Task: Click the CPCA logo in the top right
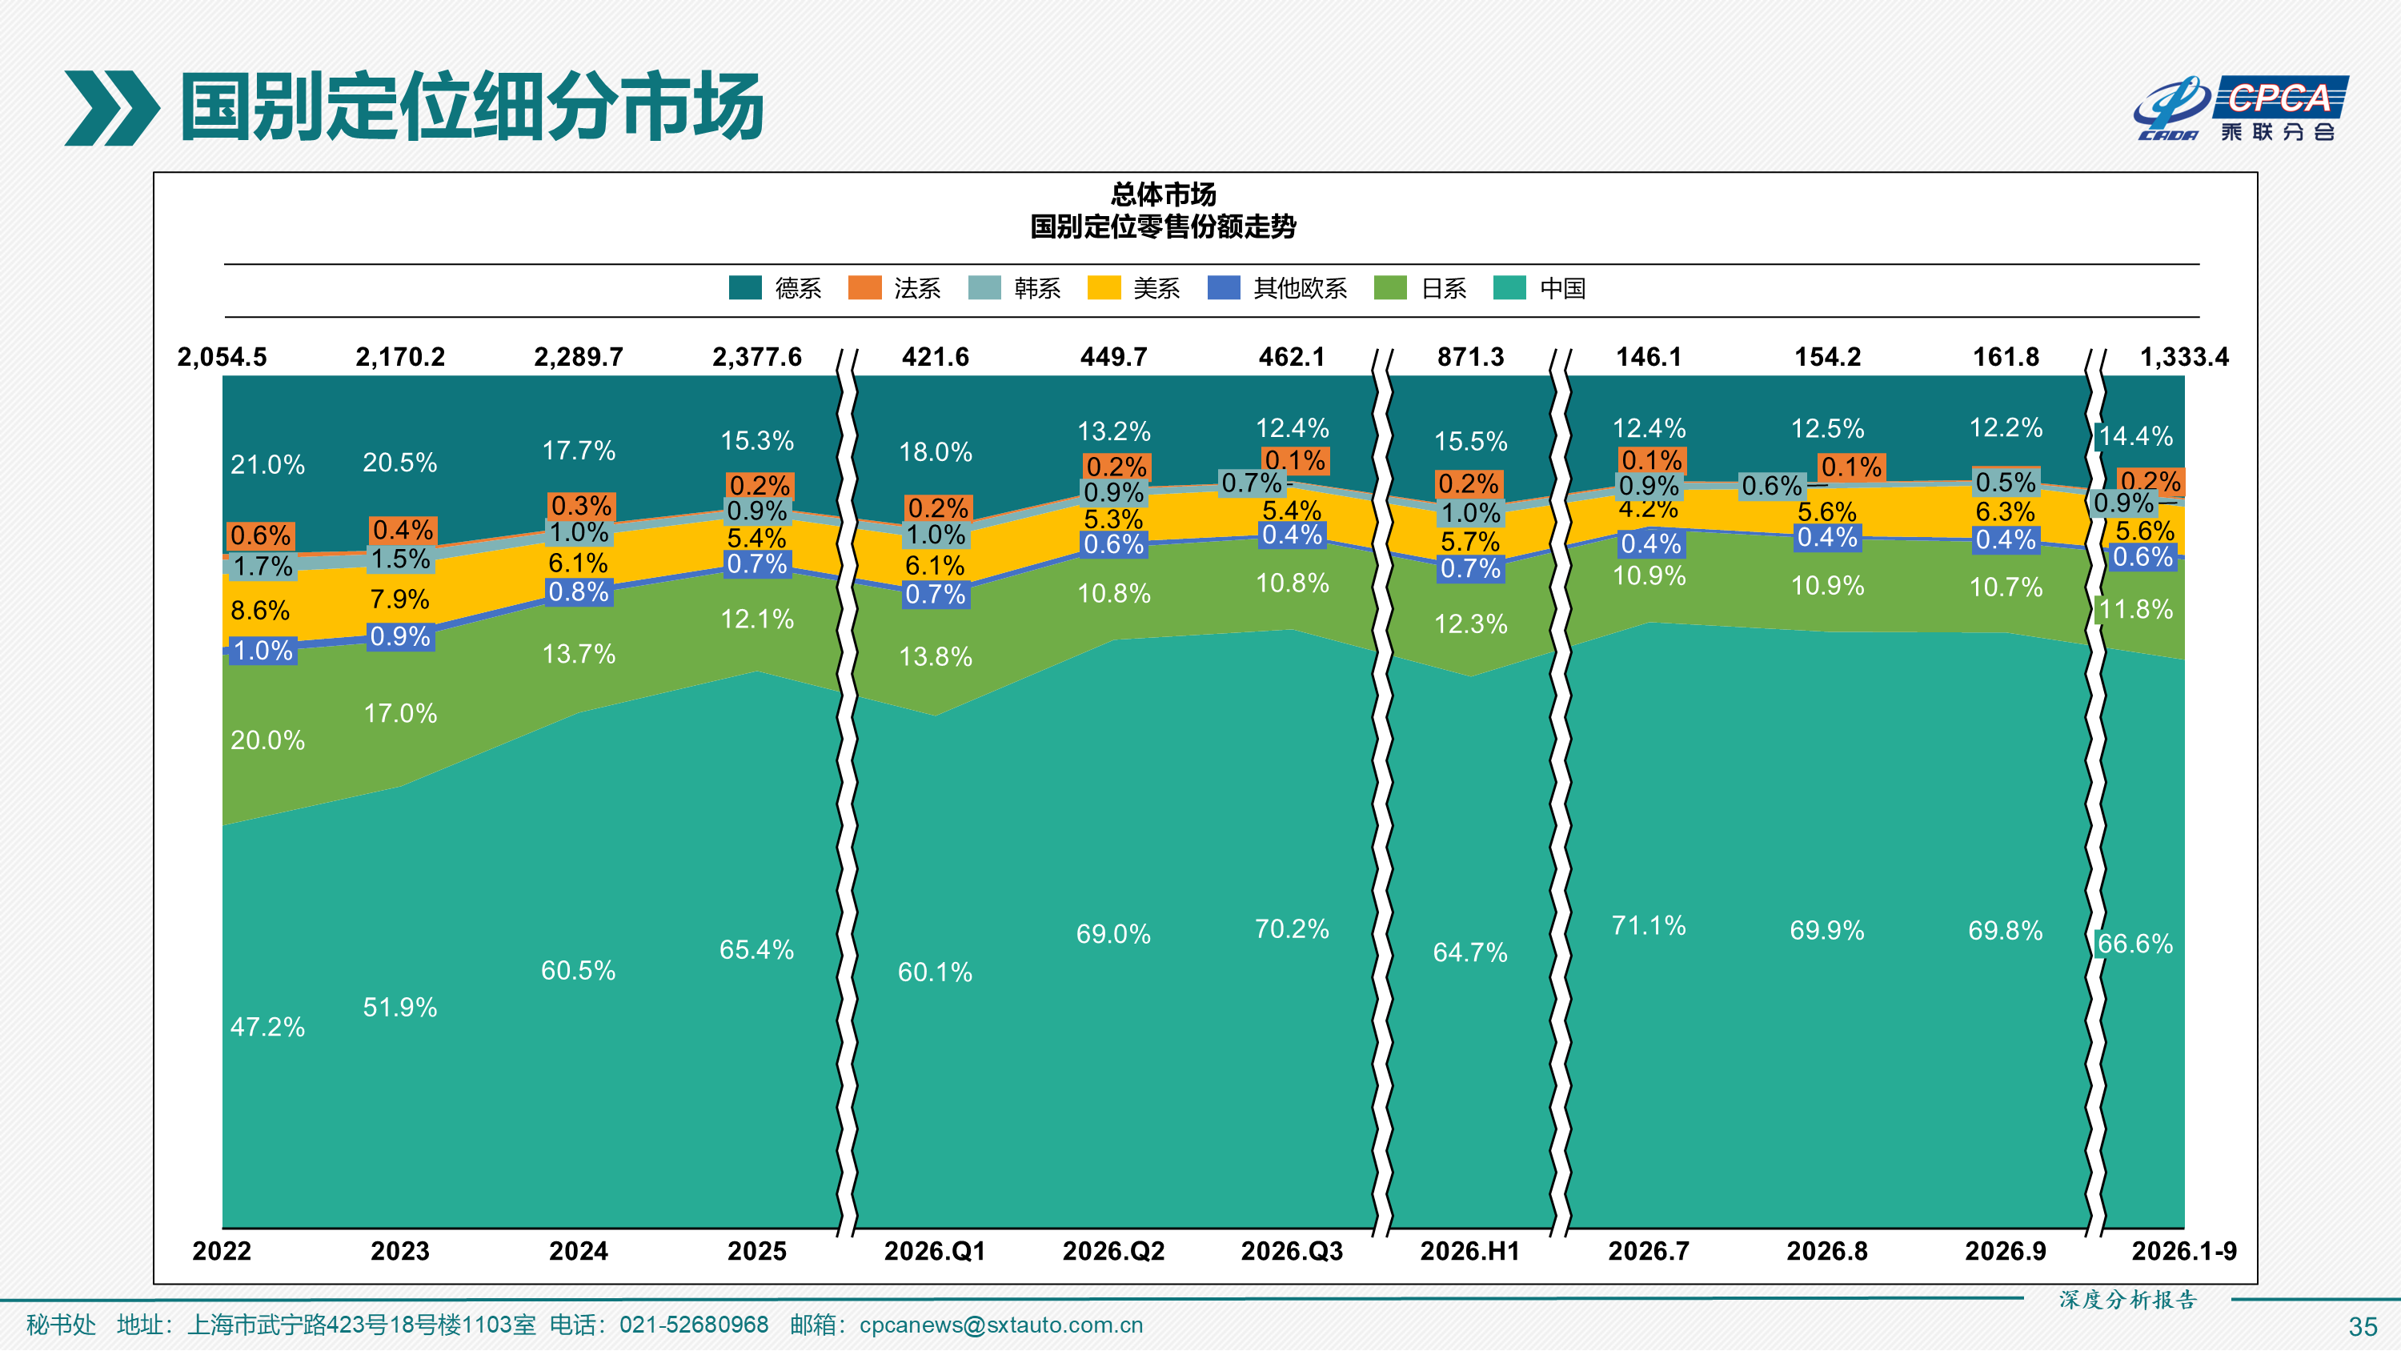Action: pos(2241,107)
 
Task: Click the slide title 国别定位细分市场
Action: pos(471,107)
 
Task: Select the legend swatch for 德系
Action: pos(745,287)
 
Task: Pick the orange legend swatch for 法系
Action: pos(864,287)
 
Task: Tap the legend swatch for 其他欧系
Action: pos(1223,287)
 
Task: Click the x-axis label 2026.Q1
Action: pos(935,1250)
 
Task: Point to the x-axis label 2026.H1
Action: pos(1470,1250)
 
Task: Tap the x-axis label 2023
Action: pos(400,1250)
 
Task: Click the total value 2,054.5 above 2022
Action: pos(222,357)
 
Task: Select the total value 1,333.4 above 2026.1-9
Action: pos(2184,357)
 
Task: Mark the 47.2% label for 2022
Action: pos(267,1027)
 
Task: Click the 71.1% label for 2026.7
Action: pos(1649,925)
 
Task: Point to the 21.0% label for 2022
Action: pos(267,464)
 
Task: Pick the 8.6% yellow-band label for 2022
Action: pos(260,611)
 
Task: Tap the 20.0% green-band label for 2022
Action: pos(267,740)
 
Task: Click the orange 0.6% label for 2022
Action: pos(261,535)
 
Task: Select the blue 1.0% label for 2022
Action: pos(263,650)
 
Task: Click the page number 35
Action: pos(2362,1326)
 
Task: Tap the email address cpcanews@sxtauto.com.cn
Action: pos(1001,1325)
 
